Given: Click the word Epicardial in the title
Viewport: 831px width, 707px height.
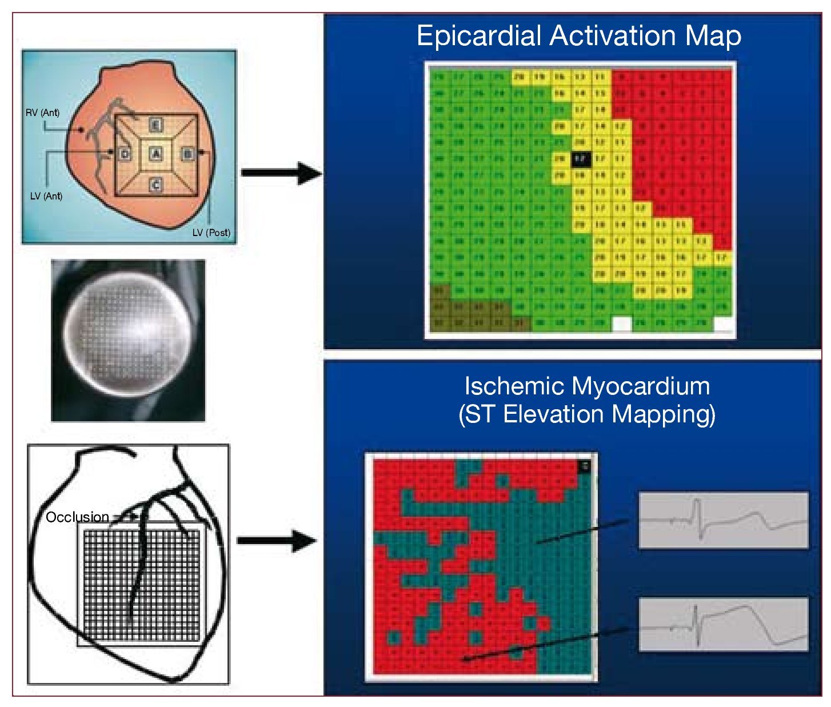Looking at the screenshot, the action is click(x=479, y=37).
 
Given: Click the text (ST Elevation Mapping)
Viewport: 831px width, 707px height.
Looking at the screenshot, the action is click(x=586, y=414).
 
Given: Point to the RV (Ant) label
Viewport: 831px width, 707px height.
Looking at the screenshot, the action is click(x=42, y=113).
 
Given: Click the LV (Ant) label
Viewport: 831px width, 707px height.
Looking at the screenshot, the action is click(x=46, y=196).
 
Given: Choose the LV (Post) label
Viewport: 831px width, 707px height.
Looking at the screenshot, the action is click(x=211, y=233).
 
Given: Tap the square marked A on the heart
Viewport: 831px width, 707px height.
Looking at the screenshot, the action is click(x=156, y=154).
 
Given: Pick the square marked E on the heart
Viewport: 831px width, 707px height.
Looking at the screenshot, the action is click(x=156, y=125).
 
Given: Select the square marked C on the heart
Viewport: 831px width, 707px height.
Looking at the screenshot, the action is click(x=156, y=184).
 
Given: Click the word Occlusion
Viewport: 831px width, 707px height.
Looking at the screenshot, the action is click(x=77, y=517).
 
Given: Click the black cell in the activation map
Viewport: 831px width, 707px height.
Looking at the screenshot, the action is click(x=580, y=158).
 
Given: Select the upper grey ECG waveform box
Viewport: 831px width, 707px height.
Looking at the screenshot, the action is click(x=723, y=520).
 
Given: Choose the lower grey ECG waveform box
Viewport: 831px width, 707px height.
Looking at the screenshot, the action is click(x=723, y=625).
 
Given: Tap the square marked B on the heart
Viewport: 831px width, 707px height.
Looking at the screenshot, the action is click(x=187, y=154).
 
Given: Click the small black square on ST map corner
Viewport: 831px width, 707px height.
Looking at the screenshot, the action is click(x=584, y=466).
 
